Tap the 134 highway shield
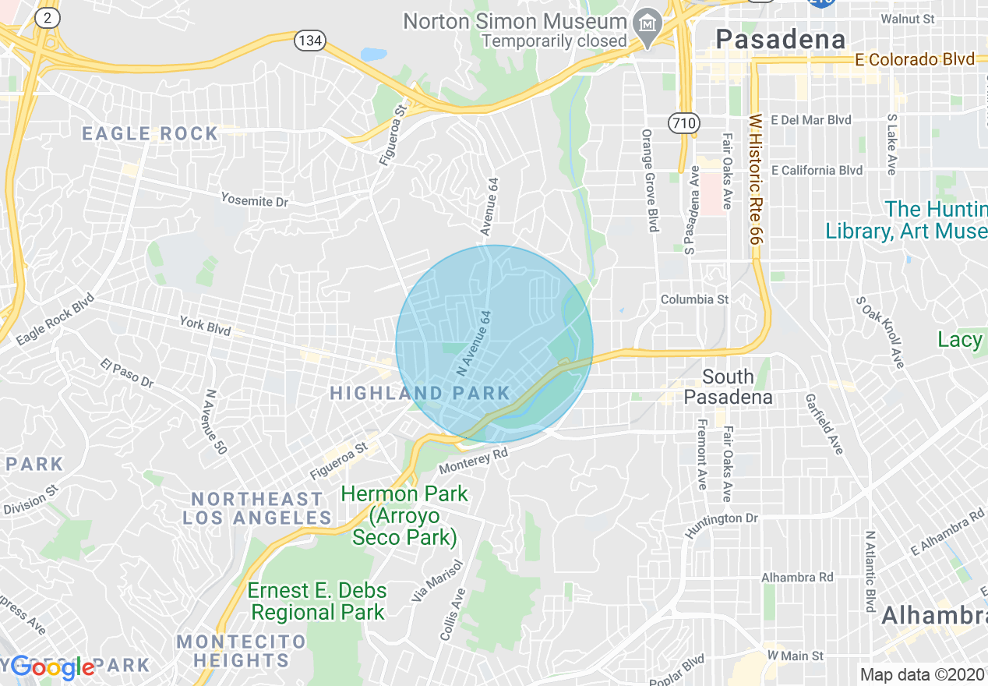click(x=309, y=41)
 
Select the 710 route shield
click(x=683, y=122)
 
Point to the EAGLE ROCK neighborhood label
click(x=150, y=133)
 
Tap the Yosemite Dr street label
click(x=254, y=200)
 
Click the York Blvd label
click(x=205, y=325)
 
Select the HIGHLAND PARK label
click(x=420, y=393)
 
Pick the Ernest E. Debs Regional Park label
click(x=318, y=601)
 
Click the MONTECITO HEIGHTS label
click(x=242, y=651)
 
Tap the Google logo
click(x=53, y=667)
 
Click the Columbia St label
click(x=694, y=299)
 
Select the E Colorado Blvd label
click(x=914, y=59)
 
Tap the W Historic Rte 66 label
click(x=754, y=180)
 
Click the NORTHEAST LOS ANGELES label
click(x=257, y=508)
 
